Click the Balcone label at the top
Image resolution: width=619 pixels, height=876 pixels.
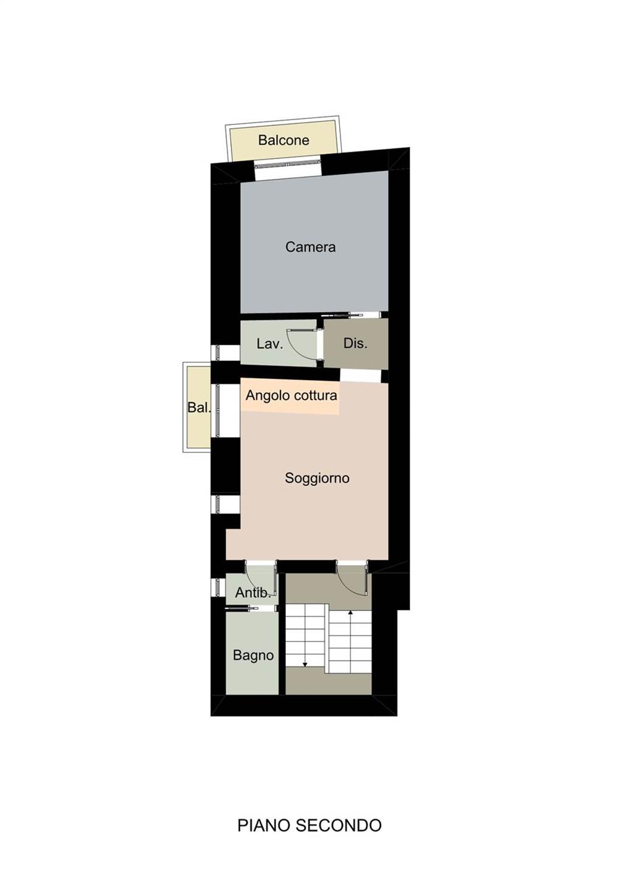(x=284, y=140)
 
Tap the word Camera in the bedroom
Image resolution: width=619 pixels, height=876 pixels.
(x=310, y=247)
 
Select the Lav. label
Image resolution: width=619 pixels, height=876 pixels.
(x=269, y=344)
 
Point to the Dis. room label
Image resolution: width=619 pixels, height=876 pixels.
(x=355, y=344)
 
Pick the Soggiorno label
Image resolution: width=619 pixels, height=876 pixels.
(x=317, y=478)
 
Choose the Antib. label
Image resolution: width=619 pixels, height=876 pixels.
(x=253, y=593)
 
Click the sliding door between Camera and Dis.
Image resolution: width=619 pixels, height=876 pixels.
(x=342, y=314)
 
